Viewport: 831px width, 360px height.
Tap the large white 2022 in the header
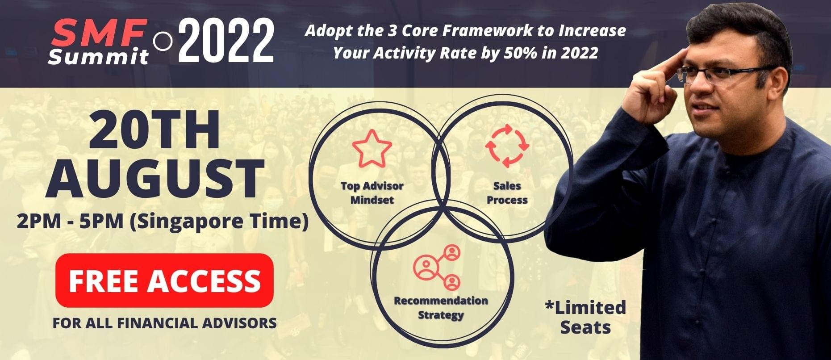click(x=226, y=41)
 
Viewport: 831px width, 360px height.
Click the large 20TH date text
click(x=155, y=130)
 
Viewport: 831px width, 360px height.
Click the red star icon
click(x=372, y=148)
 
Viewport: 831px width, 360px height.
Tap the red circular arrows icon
click(x=507, y=146)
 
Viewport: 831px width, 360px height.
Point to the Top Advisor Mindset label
click(x=372, y=193)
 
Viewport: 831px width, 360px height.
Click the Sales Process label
click(x=507, y=193)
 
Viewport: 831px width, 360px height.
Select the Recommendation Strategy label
click(x=441, y=308)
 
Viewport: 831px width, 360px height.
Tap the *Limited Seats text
click(x=585, y=317)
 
